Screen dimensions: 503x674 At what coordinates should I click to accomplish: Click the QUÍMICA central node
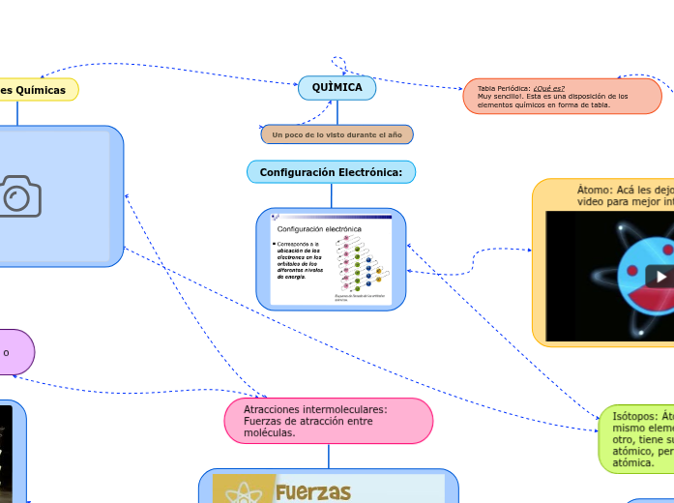tap(337, 88)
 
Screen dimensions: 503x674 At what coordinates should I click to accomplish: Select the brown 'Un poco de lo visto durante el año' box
tap(337, 133)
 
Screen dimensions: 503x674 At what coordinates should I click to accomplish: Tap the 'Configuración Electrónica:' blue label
tap(331, 172)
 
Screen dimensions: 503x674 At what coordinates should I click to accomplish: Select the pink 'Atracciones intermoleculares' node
tap(328, 421)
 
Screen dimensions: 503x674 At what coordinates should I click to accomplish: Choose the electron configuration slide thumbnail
tap(331, 259)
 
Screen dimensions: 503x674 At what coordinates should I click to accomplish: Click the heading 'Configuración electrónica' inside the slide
tap(319, 228)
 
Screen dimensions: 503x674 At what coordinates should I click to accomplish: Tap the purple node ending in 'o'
tap(14, 352)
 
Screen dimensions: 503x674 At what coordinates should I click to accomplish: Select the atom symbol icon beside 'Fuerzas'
tap(245, 492)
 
